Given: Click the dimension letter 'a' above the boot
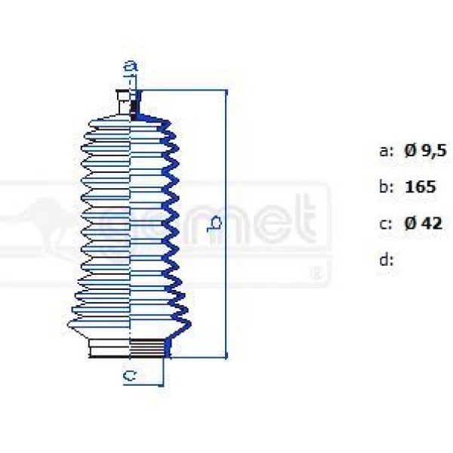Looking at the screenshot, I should tap(131, 67).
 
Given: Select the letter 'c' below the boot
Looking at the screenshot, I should tap(130, 375).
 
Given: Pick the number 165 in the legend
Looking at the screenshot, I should tap(420, 186).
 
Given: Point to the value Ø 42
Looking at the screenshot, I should tap(423, 223).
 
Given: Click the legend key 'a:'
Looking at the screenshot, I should tap(386, 151).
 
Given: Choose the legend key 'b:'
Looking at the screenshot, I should tap(386, 186).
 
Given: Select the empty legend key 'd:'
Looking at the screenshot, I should tap(386, 260).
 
